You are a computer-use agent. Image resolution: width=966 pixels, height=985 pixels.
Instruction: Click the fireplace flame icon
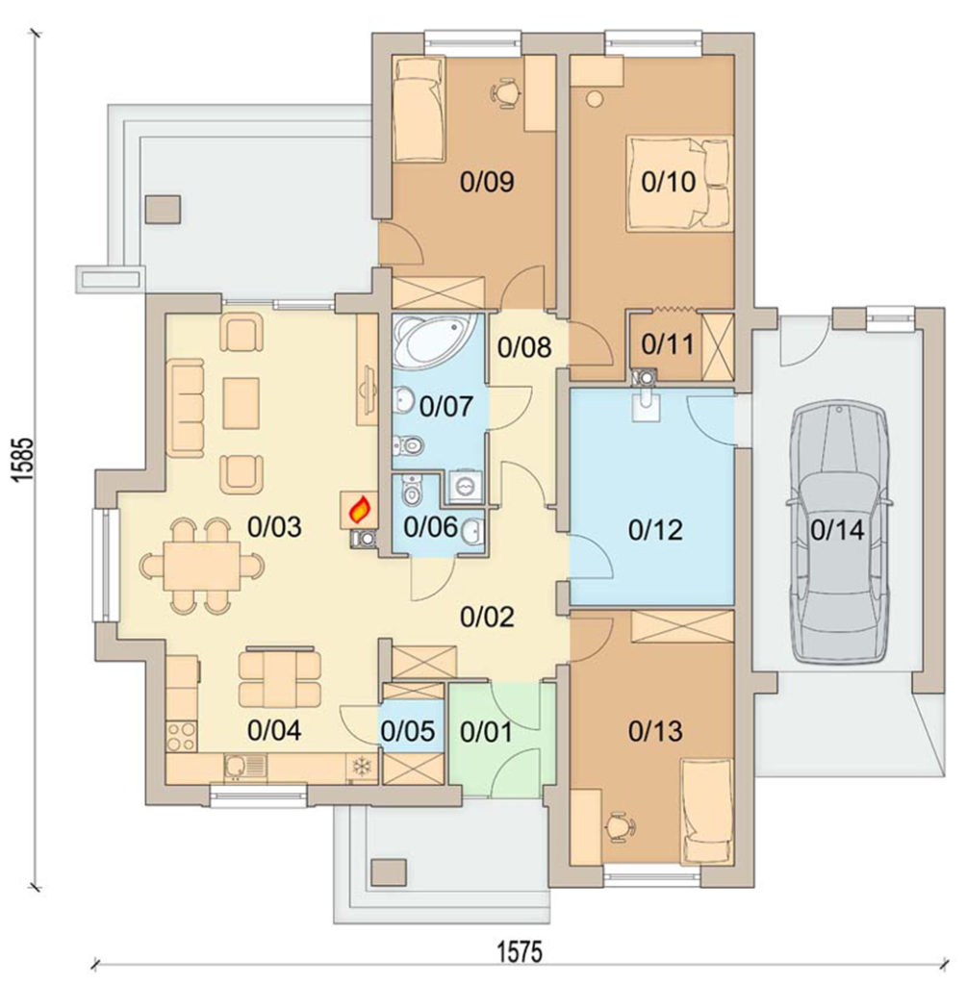pos(360,510)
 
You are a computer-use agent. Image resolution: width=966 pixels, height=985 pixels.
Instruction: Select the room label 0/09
pos(487,182)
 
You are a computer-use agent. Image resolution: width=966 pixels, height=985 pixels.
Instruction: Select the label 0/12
pos(655,530)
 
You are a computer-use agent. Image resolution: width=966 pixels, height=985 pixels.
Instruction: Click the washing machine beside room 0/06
pos(465,486)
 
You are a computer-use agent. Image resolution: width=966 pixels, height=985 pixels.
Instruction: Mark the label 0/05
pos(408,731)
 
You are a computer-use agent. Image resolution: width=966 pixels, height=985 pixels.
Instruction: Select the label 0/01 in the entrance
pos(486,731)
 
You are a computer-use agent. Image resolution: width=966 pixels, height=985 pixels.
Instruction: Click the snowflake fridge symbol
pos(362,767)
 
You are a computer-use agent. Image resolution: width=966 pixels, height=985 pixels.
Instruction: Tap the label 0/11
pos(668,344)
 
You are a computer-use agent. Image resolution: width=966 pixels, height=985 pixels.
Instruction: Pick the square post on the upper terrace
pos(164,210)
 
